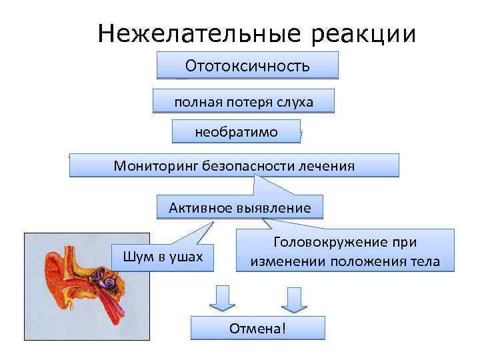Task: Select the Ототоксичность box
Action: (247, 66)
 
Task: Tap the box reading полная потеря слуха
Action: (243, 102)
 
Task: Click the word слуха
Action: (297, 102)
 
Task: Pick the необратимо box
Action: (236, 132)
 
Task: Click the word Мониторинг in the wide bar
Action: (152, 165)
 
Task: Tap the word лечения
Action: (330, 165)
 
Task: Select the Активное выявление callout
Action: (239, 207)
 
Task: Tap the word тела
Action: (425, 261)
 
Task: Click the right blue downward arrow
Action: (294, 298)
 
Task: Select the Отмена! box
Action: (257, 328)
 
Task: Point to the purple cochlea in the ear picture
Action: (106, 281)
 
